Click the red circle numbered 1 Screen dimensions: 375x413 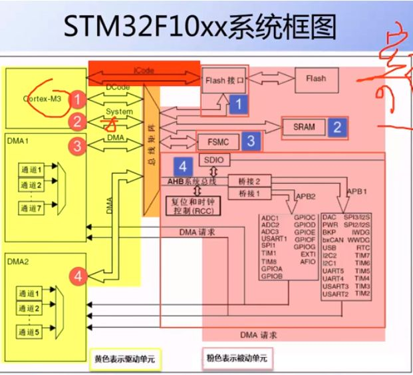click(78, 100)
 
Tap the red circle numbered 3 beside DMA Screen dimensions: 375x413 click(78, 145)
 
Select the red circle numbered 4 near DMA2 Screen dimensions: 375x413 click(78, 275)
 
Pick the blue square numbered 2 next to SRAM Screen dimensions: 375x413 click(337, 127)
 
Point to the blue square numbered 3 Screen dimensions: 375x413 click(251, 141)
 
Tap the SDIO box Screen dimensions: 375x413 click(213, 161)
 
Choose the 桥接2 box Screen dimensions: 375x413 click(243, 180)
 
